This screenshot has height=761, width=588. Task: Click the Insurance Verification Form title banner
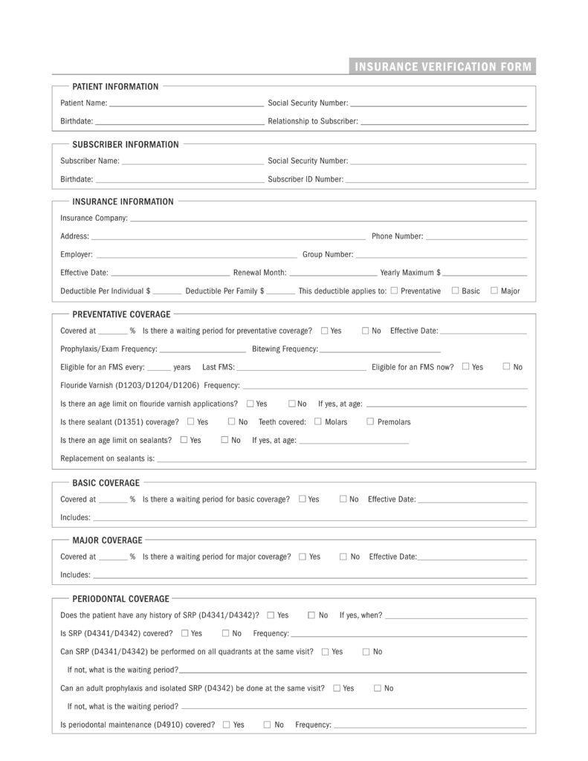click(x=443, y=68)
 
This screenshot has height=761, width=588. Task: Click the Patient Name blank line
click(x=186, y=104)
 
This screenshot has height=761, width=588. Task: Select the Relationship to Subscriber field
click(x=444, y=122)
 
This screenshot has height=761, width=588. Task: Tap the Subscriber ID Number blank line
click(x=436, y=180)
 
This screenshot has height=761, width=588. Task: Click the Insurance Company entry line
click(x=328, y=219)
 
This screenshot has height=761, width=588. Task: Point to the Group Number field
click(x=442, y=255)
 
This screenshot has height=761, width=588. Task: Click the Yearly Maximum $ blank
click(x=485, y=273)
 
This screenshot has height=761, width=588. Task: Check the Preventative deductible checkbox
click(x=394, y=291)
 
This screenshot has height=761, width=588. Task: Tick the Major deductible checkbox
click(x=494, y=291)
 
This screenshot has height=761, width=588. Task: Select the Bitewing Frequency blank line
click(x=380, y=349)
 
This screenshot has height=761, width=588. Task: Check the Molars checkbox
click(x=318, y=421)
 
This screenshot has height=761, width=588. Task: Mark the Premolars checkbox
click(x=370, y=421)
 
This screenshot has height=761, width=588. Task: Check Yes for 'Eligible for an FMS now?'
click(x=465, y=366)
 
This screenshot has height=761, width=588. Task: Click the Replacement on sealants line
click(x=341, y=459)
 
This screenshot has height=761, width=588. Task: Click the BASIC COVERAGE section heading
click(x=106, y=483)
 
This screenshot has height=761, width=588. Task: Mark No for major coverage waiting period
click(x=343, y=556)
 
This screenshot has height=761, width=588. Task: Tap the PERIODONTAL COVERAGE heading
click(x=120, y=598)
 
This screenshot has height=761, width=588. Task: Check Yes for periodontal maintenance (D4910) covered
click(x=226, y=724)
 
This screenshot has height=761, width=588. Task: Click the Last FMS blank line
click(x=301, y=368)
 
